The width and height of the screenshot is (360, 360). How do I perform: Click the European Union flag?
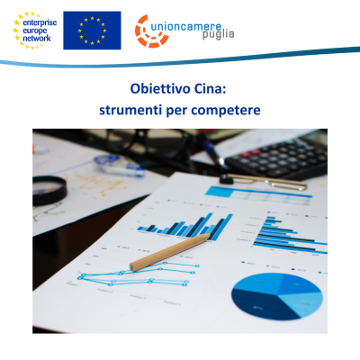tap(92, 31)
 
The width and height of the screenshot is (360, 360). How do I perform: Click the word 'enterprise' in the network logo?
tap(40, 22)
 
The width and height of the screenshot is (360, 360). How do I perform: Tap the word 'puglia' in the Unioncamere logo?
tap(218, 35)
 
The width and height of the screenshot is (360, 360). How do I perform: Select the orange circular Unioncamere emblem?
tap(151, 31)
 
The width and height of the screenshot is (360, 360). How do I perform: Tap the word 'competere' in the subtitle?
tap(226, 111)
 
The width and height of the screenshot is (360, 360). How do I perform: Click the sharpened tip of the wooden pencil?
tap(211, 235)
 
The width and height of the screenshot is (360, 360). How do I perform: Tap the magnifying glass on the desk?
tap(49, 190)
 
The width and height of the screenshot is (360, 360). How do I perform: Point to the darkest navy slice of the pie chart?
tap(258, 303)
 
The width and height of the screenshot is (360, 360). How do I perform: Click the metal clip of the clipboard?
tap(264, 181)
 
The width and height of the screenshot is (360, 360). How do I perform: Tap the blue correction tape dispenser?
tap(119, 166)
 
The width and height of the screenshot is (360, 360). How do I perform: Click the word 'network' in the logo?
tap(37, 39)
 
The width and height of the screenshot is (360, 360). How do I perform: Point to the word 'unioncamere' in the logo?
tap(186, 27)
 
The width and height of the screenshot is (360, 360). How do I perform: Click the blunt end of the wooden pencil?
tap(133, 266)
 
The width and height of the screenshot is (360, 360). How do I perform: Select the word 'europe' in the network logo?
tap(35, 31)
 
